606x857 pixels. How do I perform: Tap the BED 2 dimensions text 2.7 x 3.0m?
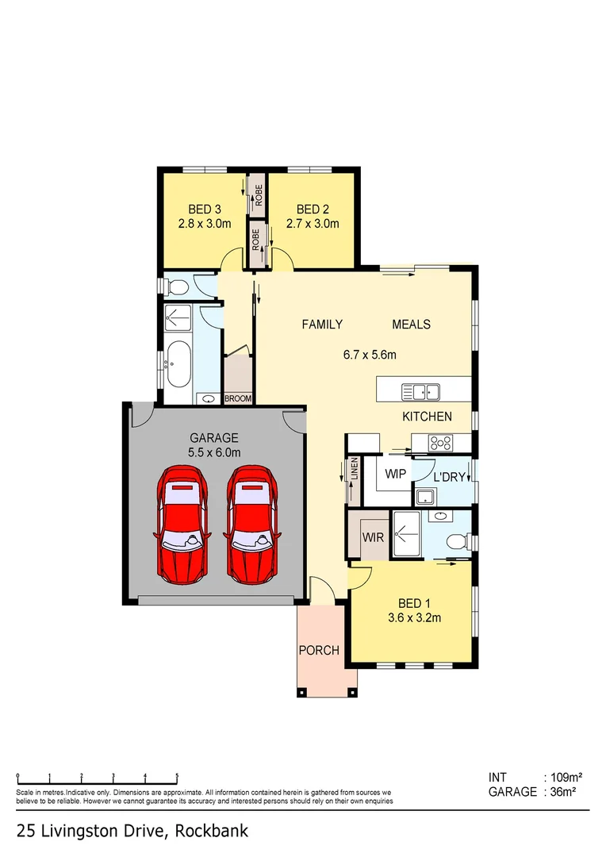coord(313,224)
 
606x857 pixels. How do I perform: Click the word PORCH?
coord(319,651)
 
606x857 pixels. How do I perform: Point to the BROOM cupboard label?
coord(237,398)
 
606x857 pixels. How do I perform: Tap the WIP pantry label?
coord(396,474)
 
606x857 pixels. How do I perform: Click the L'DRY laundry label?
coord(448,477)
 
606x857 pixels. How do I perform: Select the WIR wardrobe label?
coord(374,537)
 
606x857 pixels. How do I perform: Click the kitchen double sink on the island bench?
coord(421,390)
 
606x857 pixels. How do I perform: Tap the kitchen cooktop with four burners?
coord(441,443)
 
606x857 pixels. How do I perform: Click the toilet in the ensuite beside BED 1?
coord(458,542)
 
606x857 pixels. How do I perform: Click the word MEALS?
coord(412,325)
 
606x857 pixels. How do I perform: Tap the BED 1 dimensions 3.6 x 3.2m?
coord(413,618)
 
